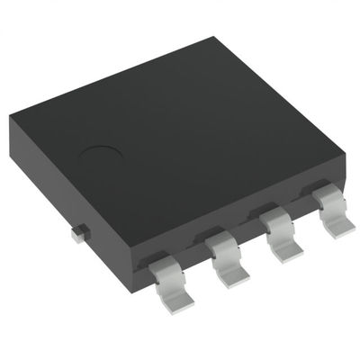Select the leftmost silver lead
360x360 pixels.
click(165, 275)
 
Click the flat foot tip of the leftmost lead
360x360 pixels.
click(168, 286)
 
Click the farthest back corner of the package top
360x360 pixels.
click(213, 39)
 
